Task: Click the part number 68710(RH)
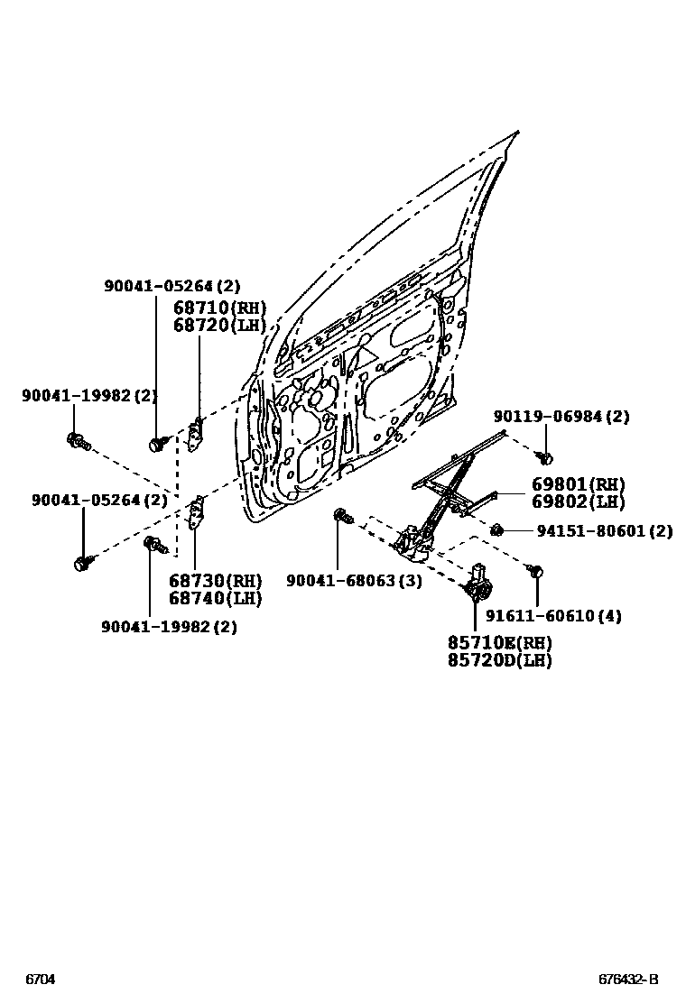tap(219, 308)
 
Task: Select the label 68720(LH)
tap(219, 325)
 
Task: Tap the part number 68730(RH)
tap(215, 580)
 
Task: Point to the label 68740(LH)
tap(215, 597)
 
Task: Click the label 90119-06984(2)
tap(561, 416)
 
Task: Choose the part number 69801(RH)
tap(578, 485)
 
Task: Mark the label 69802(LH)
tap(578, 502)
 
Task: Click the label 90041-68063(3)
tap(354, 581)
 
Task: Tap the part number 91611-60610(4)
tap(553, 616)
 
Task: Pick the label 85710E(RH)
tap(499, 643)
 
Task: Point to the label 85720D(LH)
tap(499, 660)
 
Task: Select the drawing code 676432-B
tap(628, 980)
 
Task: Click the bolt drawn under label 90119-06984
tap(544, 457)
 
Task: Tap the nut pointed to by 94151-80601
tap(496, 529)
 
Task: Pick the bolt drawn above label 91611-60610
tap(535, 571)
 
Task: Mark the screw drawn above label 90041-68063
tap(342, 516)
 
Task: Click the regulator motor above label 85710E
tap(477, 584)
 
